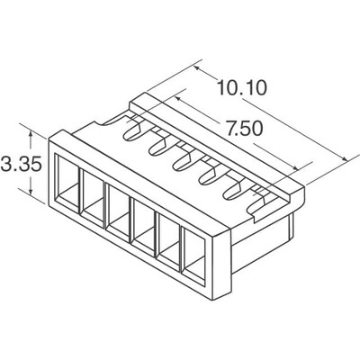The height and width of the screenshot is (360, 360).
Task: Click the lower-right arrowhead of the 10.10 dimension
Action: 346,160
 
